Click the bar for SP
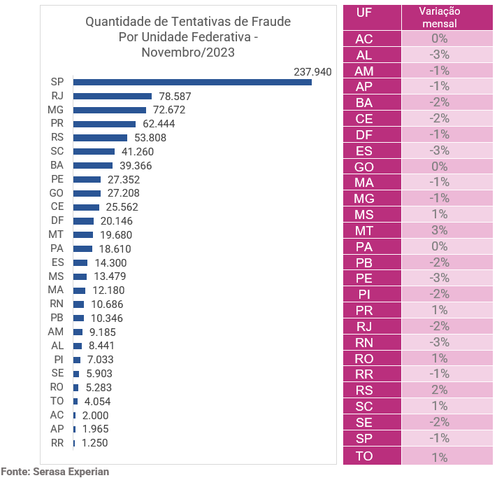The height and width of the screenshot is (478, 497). pyautogui.click(x=192, y=82)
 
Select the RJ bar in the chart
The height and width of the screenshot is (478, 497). pyautogui.click(x=113, y=96)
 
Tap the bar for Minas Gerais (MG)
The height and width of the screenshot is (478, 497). pyautogui.click(x=110, y=110)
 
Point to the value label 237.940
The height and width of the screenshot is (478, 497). pyautogui.click(x=312, y=71)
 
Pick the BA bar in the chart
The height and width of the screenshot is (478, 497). pyautogui.click(x=93, y=165)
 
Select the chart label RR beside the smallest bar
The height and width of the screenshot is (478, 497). pyautogui.click(x=57, y=443)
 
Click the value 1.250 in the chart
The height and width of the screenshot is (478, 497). pyautogui.click(x=95, y=443)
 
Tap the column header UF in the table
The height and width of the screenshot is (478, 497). pyautogui.click(x=363, y=13)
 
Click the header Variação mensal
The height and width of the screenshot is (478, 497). pyautogui.click(x=440, y=17)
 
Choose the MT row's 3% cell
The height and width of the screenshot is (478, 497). pyautogui.click(x=440, y=230)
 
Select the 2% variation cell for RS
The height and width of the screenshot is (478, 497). pyautogui.click(x=440, y=391)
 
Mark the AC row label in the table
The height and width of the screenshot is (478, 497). pyautogui.click(x=363, y=39)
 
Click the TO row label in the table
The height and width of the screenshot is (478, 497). pyautogui.click(x=363, y=456)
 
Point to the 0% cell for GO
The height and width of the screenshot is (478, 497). pyautogui.click(x=440, y=167)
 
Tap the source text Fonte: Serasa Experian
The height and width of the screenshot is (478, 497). pyautogui.click(x=55, y=472)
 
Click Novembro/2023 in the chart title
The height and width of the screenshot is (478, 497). pyautogui.click(x=187, y=52)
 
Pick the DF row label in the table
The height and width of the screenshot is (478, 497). pyautogui.click(x=363, y=135)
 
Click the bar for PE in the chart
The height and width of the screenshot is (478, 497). pyautogui.click(x=87, y=179)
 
